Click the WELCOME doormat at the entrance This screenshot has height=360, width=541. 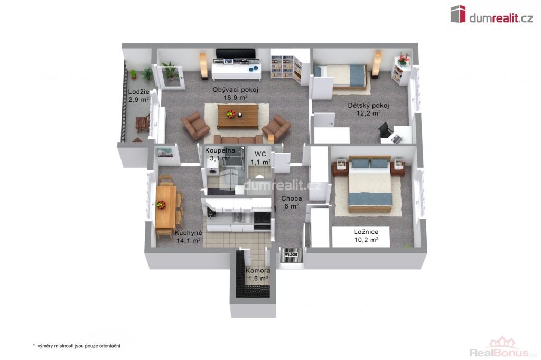point(292,255)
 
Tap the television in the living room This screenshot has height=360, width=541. point(236,53)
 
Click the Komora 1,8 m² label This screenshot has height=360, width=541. point(258,274)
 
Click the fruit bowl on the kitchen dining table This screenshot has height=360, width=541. point(161,204)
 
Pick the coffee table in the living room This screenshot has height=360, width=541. point(238,116)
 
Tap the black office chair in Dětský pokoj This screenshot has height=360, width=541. point(385,130)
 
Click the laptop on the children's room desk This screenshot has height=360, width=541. point(396,139)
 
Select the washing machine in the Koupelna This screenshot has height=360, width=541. point(211,173)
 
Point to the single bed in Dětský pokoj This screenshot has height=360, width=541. point(340,77)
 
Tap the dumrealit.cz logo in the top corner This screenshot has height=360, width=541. point(492,14)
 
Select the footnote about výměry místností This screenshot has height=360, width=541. point(77,346)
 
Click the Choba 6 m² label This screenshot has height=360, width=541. point(292,202)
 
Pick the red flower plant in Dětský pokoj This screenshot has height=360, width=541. point(403,59)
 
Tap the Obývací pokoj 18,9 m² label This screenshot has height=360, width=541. point(235,93)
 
